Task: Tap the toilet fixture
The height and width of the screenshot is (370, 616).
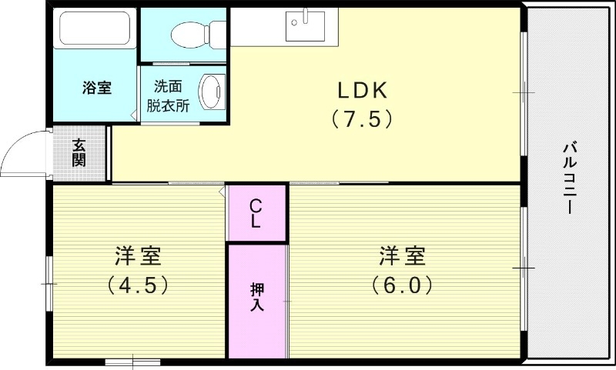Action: click(192, 33)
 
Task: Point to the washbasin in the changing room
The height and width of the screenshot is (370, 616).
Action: click(211, 91)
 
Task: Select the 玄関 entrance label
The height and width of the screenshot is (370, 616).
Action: click(79, 152)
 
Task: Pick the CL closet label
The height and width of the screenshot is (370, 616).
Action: click(256, 213)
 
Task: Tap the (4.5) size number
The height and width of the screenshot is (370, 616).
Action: click(137, 285)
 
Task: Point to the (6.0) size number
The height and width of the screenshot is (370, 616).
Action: click(401, 285)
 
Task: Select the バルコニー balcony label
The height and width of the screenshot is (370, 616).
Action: click(571, 178)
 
